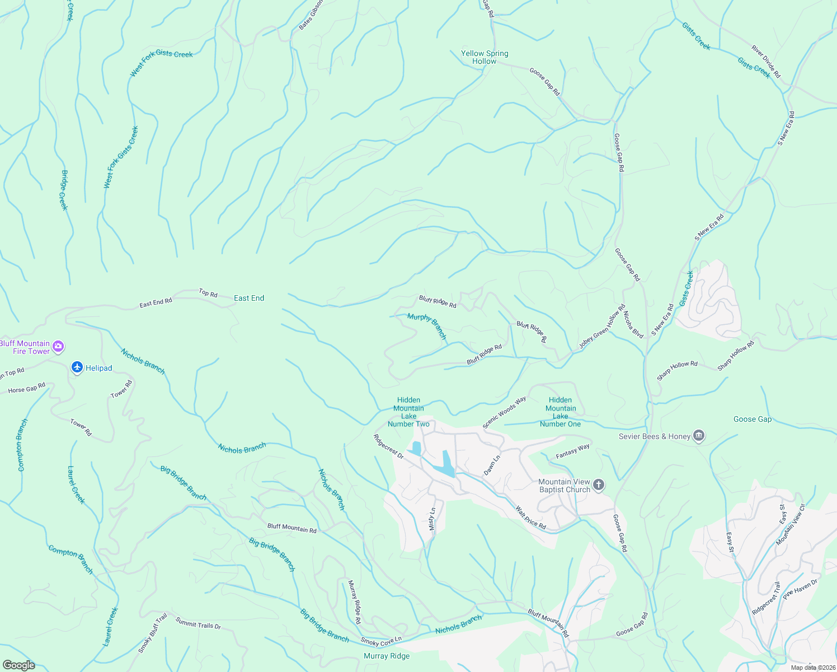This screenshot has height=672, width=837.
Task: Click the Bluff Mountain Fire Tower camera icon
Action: point(58,347)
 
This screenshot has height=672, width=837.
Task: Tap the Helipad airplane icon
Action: point(77,368)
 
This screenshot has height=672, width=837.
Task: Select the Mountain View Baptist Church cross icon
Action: point(599,485)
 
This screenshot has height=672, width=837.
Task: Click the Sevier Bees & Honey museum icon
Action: point(698,436)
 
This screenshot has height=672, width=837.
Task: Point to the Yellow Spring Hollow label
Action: point(485,57)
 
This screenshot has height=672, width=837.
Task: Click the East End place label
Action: point(249,298)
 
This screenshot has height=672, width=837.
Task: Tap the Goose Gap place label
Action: point(752,419)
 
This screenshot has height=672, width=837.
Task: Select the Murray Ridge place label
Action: point(387,656)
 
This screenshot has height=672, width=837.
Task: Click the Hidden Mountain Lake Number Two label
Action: point(408,412)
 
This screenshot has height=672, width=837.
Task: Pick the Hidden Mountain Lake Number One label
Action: point(560,412)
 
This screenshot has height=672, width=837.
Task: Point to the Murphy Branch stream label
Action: point(427,326)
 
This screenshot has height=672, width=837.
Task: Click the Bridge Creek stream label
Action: point(64,190)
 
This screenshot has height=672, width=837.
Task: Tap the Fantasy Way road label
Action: point(572,451)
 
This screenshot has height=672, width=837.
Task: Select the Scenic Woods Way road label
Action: point(504,413)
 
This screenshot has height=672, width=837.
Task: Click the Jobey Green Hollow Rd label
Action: point(602,327)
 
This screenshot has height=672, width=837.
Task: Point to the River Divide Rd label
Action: point(765,62)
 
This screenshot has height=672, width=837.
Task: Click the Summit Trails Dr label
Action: point(198,623)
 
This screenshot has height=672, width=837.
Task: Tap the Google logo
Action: point(18,665)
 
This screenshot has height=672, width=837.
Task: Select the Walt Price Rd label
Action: point(530,518)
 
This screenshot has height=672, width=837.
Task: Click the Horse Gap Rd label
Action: point(27,388)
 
